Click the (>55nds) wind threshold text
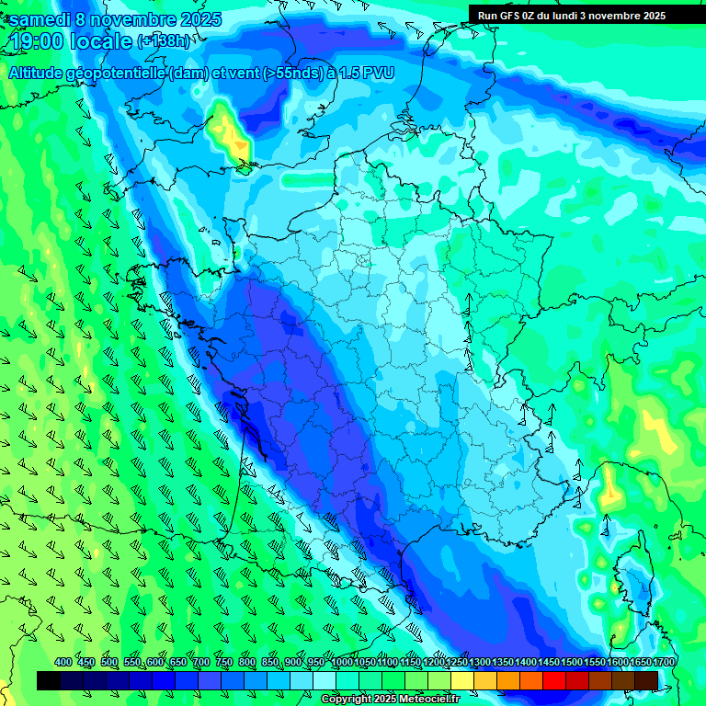click(x=286, y=74)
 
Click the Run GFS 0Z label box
click(x=572, y=15)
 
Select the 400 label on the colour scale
click(x=63, y=663)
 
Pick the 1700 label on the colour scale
click(x=639, y=663)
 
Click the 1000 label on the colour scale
click(x=342, y=663)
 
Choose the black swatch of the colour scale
click(x=49, y=680)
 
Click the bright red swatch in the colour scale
click(x=554, y=680)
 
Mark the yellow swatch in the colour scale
click(x=462, y=680)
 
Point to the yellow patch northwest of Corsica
click(x=610, y=492)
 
